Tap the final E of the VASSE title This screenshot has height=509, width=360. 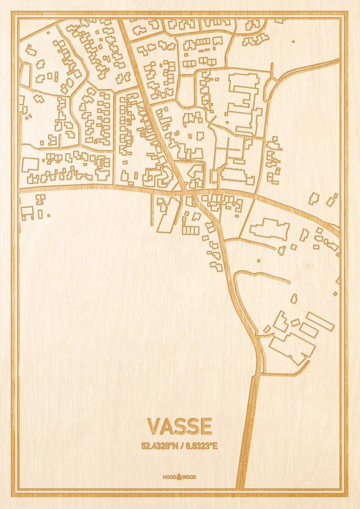click(206, 427)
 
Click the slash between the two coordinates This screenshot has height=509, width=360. click(181, 446)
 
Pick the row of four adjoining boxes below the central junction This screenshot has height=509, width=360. click(191, 230)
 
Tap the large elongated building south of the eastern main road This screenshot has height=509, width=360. click(270, 229)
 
